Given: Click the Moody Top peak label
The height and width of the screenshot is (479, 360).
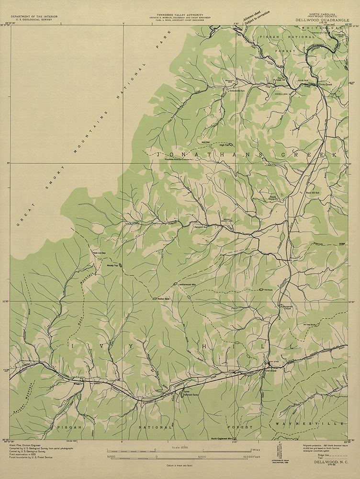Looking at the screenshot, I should point(112,265).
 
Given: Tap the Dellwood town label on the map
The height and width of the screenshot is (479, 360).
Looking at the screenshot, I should point(271,370).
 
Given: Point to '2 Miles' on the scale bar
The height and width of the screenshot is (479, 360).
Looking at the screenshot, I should point(256,451).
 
